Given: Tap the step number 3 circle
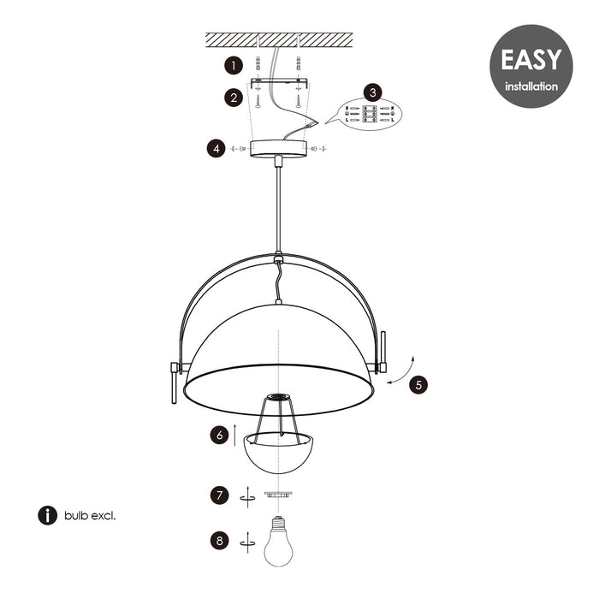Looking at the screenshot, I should (372, 92).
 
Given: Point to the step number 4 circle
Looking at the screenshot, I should (216, 148).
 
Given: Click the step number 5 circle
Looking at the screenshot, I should (418, 384).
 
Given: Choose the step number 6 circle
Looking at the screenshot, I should (220, 436).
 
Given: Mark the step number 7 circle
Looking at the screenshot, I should (220, 495).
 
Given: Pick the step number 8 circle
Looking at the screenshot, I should (220, 540).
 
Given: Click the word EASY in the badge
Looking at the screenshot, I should (531, 60).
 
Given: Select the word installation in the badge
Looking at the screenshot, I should (531, 86).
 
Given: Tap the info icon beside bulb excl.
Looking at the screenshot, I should (47, 515).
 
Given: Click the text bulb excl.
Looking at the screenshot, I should (90, 515).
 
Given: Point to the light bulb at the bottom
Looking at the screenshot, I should (278, 543).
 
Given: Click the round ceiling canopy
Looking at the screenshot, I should (278, 148).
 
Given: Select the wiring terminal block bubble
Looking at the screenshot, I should (369, 114).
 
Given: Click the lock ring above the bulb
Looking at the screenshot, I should (278, 495).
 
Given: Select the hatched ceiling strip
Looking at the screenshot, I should (279, 39).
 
